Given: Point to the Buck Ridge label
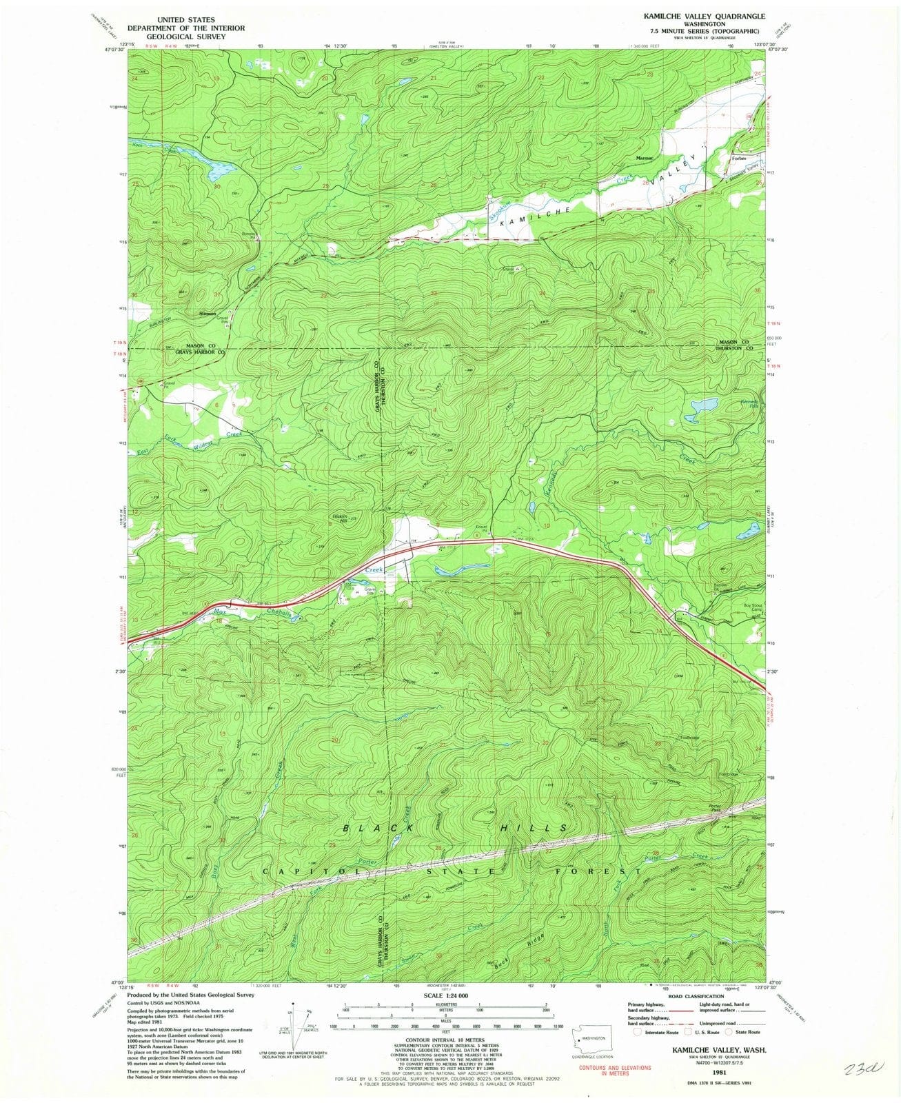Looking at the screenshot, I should pos(514,948).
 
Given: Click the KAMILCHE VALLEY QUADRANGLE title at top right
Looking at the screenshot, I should pos(700,15).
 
